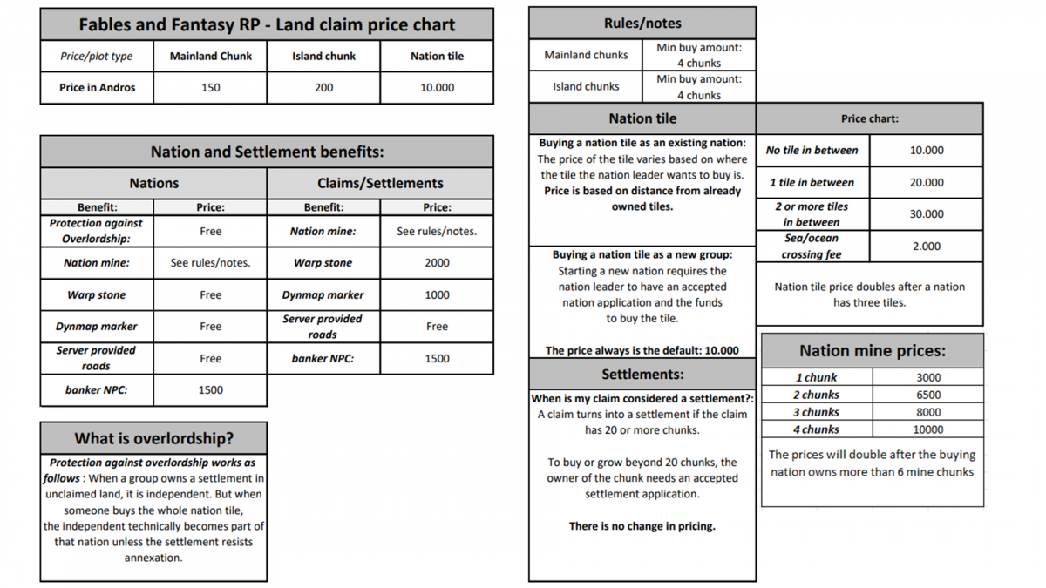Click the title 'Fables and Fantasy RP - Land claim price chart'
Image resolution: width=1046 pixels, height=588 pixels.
(x=267, y=24)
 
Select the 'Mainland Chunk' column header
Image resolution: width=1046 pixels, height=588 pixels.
(x=211, y=56)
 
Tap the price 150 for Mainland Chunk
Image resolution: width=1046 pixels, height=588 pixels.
(x=211, y=87)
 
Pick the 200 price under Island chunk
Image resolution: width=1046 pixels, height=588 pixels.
(x=323, y=87)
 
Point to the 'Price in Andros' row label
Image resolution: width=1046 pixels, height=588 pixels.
(x=97, y=87)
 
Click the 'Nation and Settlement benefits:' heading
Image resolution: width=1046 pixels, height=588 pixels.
(x=267, y=152)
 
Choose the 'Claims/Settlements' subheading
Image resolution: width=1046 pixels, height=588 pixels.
(x=380, y=183)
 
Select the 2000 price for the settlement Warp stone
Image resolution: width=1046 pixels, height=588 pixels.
(x=437, y=262)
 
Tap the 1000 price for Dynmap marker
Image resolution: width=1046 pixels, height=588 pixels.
(x=437, y=294)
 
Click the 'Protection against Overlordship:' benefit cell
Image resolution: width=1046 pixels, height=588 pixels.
(x=96, y=231)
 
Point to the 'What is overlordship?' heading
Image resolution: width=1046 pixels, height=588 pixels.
(x=153, y=438)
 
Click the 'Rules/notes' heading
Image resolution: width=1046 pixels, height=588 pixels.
(x=642, y=24)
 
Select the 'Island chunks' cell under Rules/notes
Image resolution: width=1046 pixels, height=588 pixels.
(x=586, y=86)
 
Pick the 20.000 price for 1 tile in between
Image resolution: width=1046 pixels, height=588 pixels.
(x=926, y=182)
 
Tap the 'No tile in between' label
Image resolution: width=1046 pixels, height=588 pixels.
(x=812, y=150)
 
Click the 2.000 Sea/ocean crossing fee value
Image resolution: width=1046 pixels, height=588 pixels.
(x=926, y=246)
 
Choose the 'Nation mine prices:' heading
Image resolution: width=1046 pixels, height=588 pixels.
(x=873, y=350)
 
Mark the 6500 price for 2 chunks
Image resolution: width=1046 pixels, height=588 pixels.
(x=927, y=395)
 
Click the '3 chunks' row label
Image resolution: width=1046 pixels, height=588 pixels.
(x=816, y=412)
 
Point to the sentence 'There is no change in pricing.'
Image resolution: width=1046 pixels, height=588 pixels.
(x=642, y=525)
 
